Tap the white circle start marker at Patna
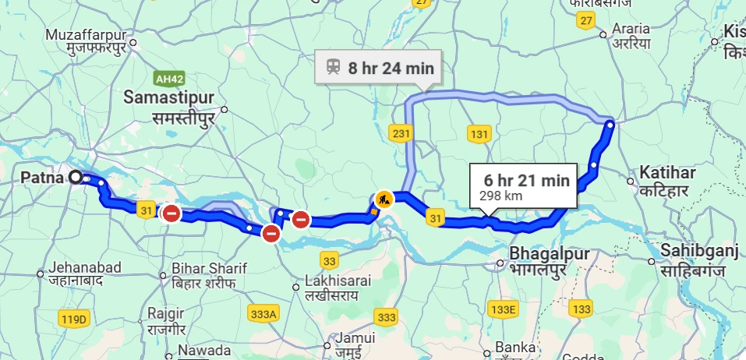pyautogui.click(x=76, y=178)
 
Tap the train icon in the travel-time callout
pyautogui.click(x=333, y=67)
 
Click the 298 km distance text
pyautogui.click(x=501, y=196)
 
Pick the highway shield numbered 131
pyautogui.click(x=479, y=134)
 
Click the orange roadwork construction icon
pyautogui.click(x=383, y=199)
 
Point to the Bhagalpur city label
pyautogui.click(x=546, y=253)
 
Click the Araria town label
pyautogui.click(x=631, y=28)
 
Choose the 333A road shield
pyautogui.click(x=264, y=314)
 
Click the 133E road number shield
pyautogui.click(x=504, y=310)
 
